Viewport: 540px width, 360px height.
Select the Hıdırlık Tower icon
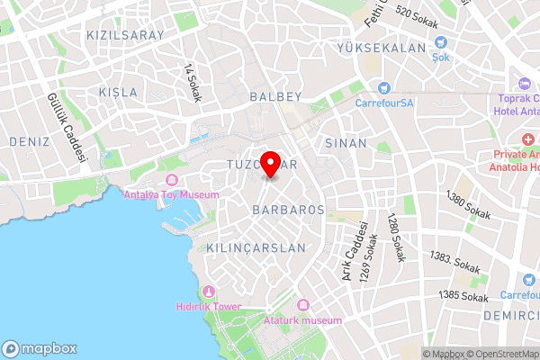click(209, 291)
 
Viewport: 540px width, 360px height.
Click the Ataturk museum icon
click(302, 306)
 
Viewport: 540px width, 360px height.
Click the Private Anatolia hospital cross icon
click(528, 139)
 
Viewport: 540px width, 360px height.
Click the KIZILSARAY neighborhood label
click(125, 35)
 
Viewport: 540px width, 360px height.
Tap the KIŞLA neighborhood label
click(118, 93)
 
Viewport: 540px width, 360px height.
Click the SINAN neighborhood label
click(346, 143)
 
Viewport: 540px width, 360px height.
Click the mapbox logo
click(40, 348)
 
